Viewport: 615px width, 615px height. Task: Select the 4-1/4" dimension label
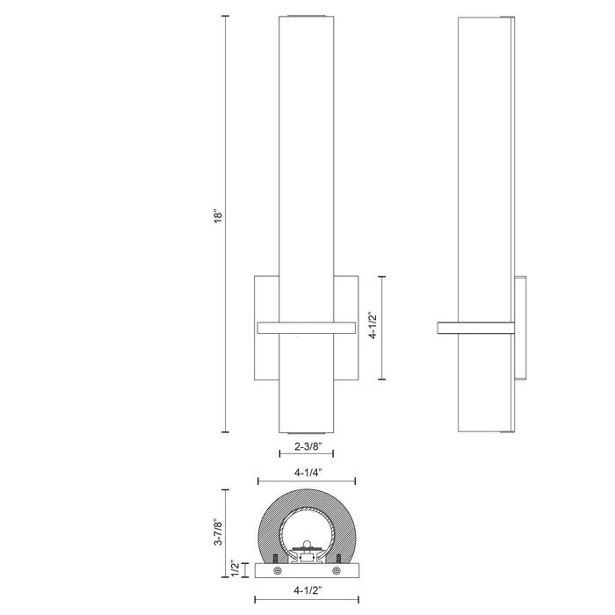point(305,473)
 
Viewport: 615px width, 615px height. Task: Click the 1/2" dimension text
point(233,569)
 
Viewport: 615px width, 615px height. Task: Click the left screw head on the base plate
point(279,571)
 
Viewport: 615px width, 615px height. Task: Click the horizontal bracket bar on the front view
point(305,328)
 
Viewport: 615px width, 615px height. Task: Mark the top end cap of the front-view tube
point(306,15)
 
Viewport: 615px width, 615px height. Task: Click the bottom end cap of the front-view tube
point(306,431)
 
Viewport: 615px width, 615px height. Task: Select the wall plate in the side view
point(522,328)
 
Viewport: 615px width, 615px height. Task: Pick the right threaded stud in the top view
point(337,557)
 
